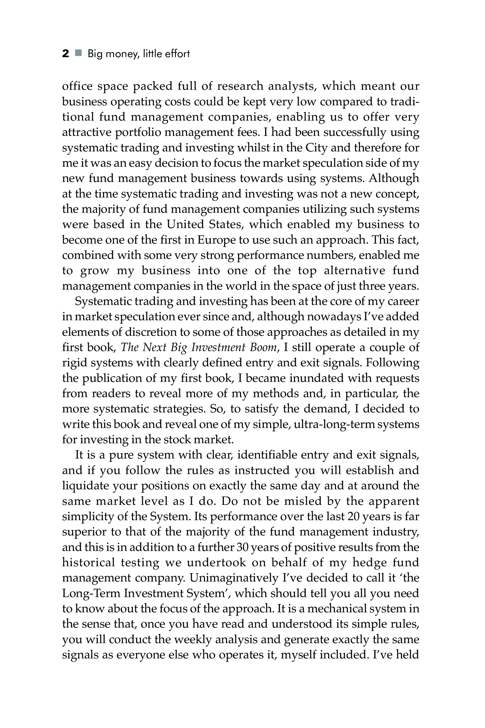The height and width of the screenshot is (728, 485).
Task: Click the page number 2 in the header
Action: point(66,54)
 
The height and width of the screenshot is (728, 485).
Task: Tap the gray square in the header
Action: point(79,53)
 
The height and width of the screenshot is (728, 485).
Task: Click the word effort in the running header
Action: point(177,54)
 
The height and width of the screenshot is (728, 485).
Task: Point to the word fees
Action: point(247,132)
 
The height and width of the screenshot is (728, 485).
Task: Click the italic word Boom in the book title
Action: point(263,347)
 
